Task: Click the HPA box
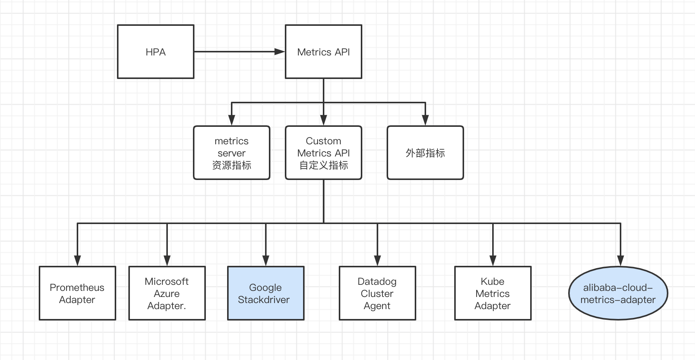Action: coord(156,52)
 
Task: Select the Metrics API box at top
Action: coord(323,52)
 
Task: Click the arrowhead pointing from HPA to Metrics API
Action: coord(280,52)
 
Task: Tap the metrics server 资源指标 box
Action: coord(232,153)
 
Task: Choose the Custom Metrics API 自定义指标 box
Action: coord(323,153)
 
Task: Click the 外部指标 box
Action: coord(425,153)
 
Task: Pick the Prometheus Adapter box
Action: coord(77,293)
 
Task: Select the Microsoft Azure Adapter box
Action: coord(167,293)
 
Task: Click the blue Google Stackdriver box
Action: coord(265,293)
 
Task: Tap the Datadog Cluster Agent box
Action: coord(377,293)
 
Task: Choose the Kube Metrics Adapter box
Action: coord(493,293)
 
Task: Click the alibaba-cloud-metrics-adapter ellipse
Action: coord(618,293)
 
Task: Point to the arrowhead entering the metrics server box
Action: coord(232,120)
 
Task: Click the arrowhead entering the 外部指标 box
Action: coord(425,120)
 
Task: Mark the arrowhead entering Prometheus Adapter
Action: coord(77,261)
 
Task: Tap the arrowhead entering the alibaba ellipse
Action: coord(621,261)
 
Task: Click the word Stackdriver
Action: coord(264,300)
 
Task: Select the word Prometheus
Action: coord(77,287)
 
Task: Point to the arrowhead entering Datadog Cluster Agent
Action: coord(378,261)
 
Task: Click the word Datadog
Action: coord(377,281)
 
